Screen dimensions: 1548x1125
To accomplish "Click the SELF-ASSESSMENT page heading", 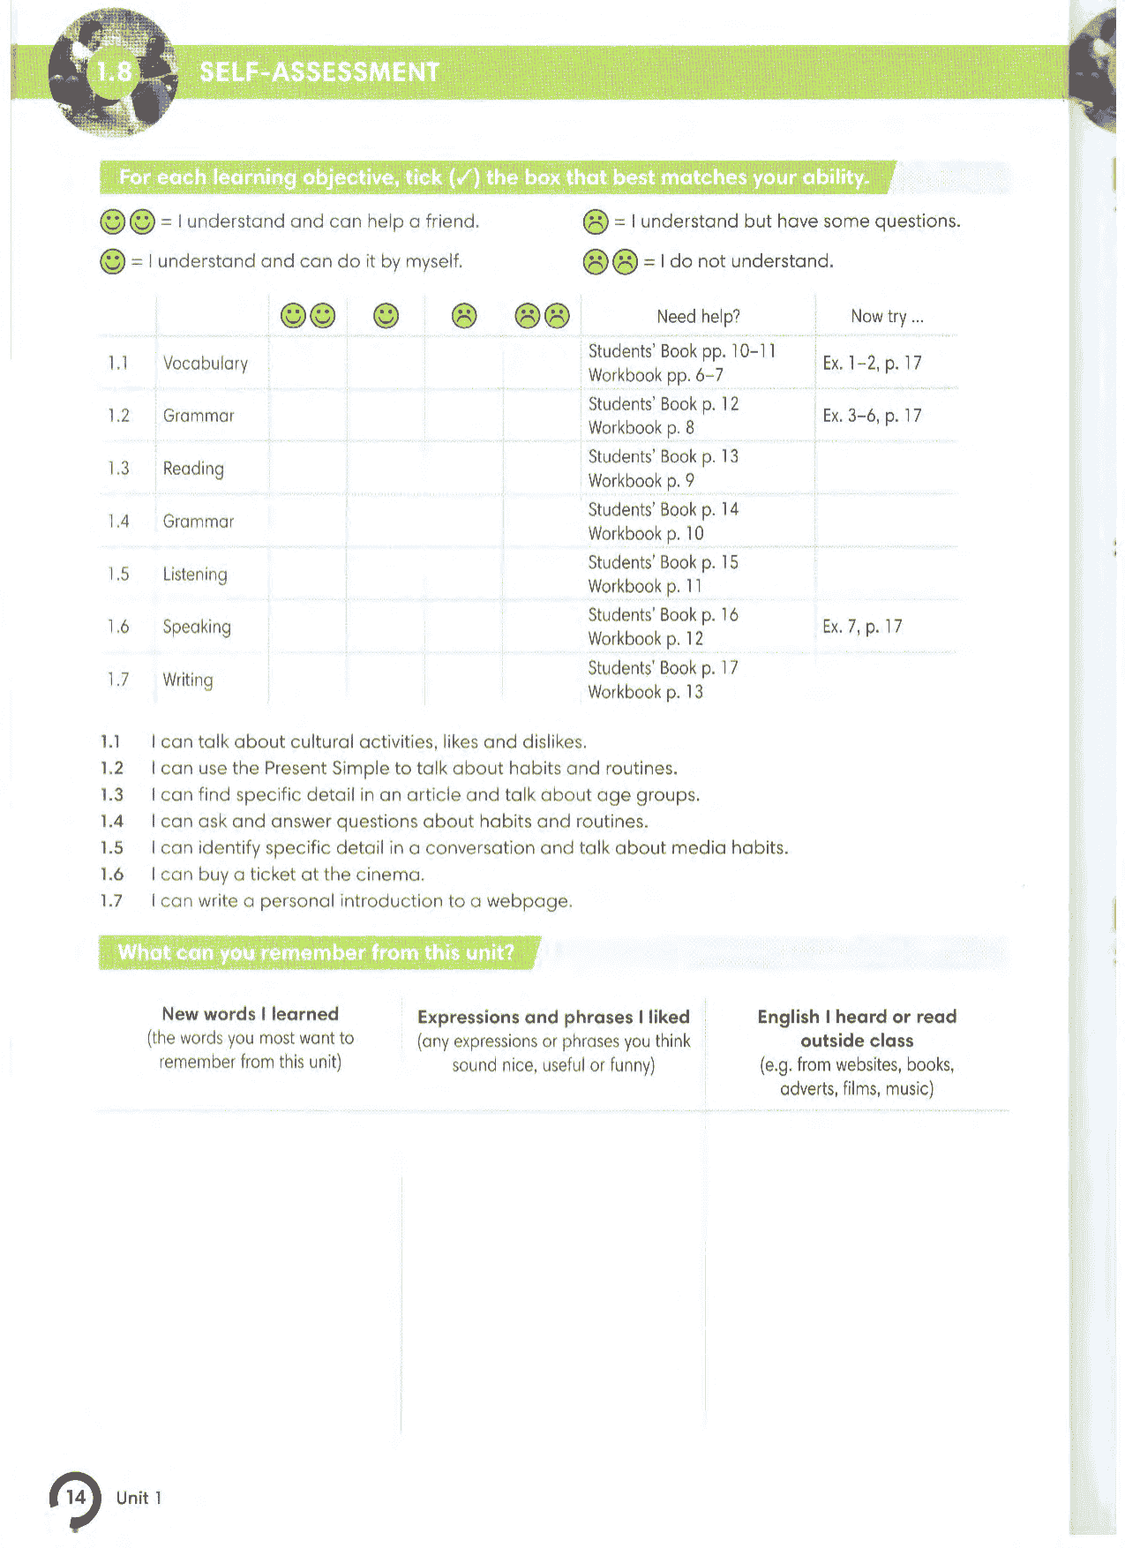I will [x=319, y=71].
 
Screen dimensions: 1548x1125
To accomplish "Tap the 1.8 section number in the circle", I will [x=114, y=71].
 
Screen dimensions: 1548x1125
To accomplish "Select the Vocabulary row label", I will [x=206, y=363].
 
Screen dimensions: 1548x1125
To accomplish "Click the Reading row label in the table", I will [x=193, y=469].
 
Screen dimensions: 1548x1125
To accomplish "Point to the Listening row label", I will [x=195, y=575].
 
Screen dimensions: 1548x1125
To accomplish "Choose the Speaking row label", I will [x=197, y=627].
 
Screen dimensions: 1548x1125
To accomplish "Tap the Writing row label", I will [x=188, y=680].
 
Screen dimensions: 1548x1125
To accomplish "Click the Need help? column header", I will [x=698, y=316].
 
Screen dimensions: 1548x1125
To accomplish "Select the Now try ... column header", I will [x=887, y=316].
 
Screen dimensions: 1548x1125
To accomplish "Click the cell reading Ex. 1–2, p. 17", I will [x=872, y=363].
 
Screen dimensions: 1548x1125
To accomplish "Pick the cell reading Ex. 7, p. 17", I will [x=862, y=627].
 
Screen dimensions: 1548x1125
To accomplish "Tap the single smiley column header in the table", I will [x=386, y=315].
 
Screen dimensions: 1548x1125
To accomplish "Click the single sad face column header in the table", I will [x=463, y=315].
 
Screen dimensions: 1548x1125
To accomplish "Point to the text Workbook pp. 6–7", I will [x=656, y=375].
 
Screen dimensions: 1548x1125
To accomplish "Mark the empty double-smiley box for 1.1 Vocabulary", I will [x=307, y=363].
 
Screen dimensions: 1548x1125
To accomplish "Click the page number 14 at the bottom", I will [x=76, y=1497].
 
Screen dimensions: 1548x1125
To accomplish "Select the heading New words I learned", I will [x=251, y=1014].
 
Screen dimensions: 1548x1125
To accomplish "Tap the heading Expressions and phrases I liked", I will [x=553, y=1017].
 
